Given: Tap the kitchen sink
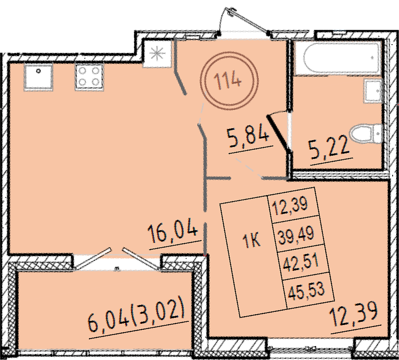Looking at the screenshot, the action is (x=38, y=77).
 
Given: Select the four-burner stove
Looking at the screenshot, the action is (x=89, y=77).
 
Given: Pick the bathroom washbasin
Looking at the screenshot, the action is (x=373, y=90).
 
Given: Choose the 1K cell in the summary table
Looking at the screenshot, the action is (x=252, y=240).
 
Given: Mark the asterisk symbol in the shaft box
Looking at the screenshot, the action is (x=157, y=54).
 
